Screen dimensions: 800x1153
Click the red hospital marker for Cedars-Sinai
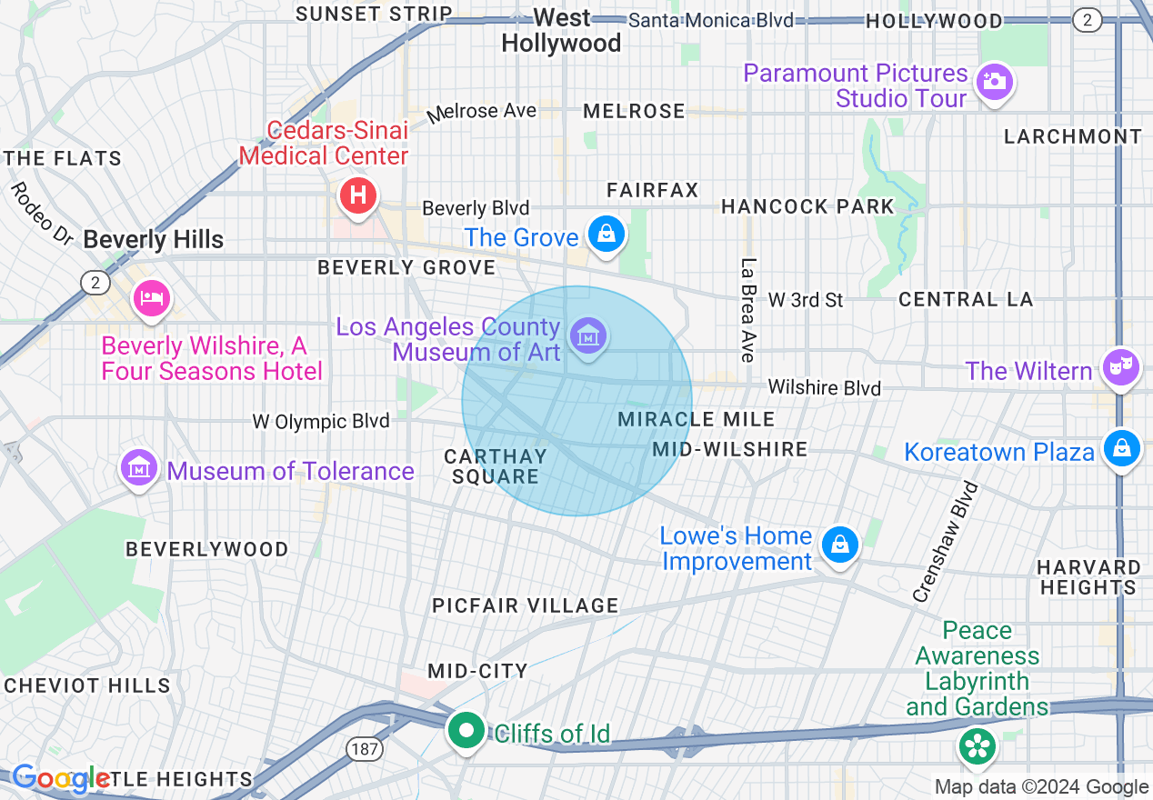[358, 195]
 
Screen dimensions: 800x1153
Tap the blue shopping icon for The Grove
[607, 235]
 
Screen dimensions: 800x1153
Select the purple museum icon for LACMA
[588, 336]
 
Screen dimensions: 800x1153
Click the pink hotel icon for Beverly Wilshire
[151, 298]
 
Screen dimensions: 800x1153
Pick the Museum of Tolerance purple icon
[138, 469]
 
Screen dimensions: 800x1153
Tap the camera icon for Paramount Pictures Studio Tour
[994, 82]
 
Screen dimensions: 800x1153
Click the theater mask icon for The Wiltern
[1120, 367]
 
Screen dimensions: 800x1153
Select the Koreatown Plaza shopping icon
[1122, 448]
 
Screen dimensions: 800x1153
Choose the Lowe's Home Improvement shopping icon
[839, 545]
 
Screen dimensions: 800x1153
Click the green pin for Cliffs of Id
[467, 730]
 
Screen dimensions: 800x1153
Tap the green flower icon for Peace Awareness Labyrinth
[978, 746]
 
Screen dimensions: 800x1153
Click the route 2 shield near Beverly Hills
[95, 283]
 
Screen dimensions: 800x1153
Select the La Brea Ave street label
[748, 310]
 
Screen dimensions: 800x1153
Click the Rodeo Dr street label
[43, 213]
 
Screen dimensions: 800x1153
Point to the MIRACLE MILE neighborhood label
[696, 419]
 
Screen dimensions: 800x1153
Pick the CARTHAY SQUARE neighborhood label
[496, 466]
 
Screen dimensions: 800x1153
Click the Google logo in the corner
[60, 778]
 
